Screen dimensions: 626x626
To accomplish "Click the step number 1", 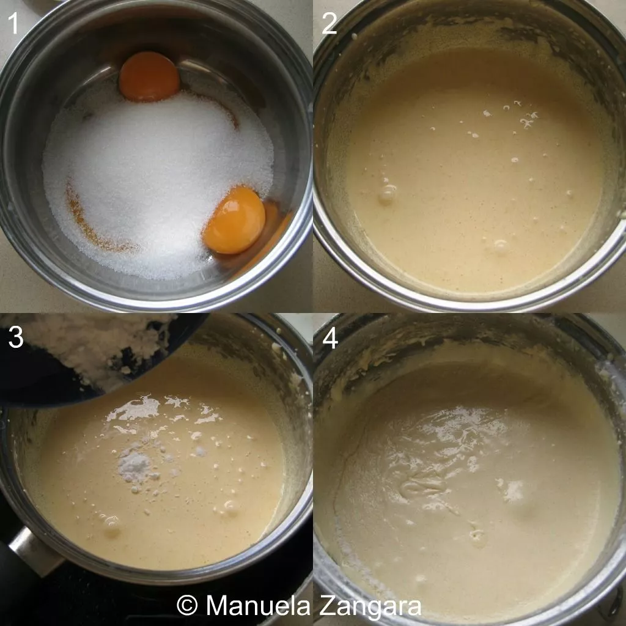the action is (13, 24).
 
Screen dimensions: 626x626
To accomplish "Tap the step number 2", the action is (329, 24).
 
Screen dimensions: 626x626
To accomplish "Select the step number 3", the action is (16, 337).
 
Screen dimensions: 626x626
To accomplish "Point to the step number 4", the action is (330, 339).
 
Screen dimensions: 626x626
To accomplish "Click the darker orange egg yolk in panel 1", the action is (149, 76).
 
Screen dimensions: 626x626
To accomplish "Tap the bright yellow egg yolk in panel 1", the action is (235, 220).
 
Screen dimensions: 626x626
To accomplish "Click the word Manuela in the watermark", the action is (258, 606).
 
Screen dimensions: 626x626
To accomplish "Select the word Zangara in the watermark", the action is (370, 606).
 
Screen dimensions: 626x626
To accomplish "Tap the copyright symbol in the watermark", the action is (187, 606).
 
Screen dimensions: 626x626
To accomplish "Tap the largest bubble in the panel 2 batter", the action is (387, 194).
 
